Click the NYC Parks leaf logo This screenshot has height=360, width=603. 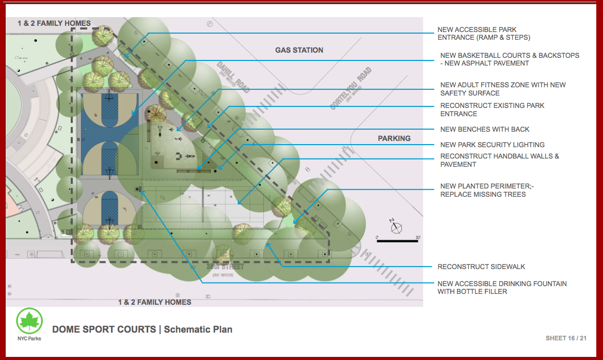29,321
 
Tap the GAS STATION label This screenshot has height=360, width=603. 299,50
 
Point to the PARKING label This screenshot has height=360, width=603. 394,138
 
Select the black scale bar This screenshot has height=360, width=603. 397,241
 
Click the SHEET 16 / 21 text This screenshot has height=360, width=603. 566,338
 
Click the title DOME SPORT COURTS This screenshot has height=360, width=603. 104,329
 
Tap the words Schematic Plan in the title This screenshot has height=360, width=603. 198,329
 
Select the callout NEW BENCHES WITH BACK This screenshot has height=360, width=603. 484,129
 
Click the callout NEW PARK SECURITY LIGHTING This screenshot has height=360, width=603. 492,145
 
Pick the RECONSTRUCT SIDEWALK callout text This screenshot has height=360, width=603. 481,267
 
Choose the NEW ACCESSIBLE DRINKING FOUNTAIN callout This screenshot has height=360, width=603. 502,288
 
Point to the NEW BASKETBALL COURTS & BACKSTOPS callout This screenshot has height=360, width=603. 509,59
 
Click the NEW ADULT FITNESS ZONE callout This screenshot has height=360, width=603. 502,89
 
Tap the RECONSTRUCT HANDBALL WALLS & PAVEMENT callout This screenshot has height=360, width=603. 499,160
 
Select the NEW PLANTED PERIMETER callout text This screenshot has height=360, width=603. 486,190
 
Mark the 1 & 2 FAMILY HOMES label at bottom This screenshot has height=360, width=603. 154,302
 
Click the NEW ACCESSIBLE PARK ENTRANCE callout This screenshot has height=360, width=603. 483,34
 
